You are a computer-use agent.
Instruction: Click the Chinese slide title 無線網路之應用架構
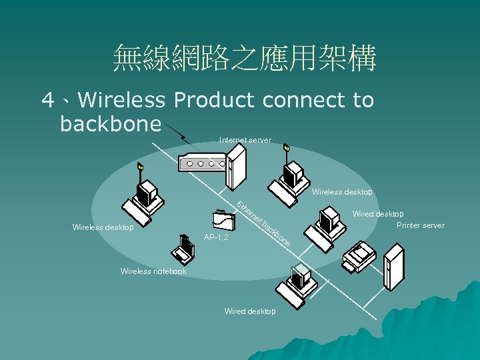click(x=245, y=58)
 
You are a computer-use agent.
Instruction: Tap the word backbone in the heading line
click(x=111, y=124)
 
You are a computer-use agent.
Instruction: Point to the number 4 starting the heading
click(x=48, y=101)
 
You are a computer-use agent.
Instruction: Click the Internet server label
click(x=245, y=140)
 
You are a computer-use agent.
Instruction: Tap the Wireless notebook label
click(x=153, y=271)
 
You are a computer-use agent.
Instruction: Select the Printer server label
click(x=420, y=225)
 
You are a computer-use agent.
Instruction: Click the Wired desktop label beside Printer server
click(x=378, y=214)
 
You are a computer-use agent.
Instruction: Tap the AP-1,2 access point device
click(x=223, y=219)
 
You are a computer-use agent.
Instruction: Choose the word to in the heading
click(x=363, y=100)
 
